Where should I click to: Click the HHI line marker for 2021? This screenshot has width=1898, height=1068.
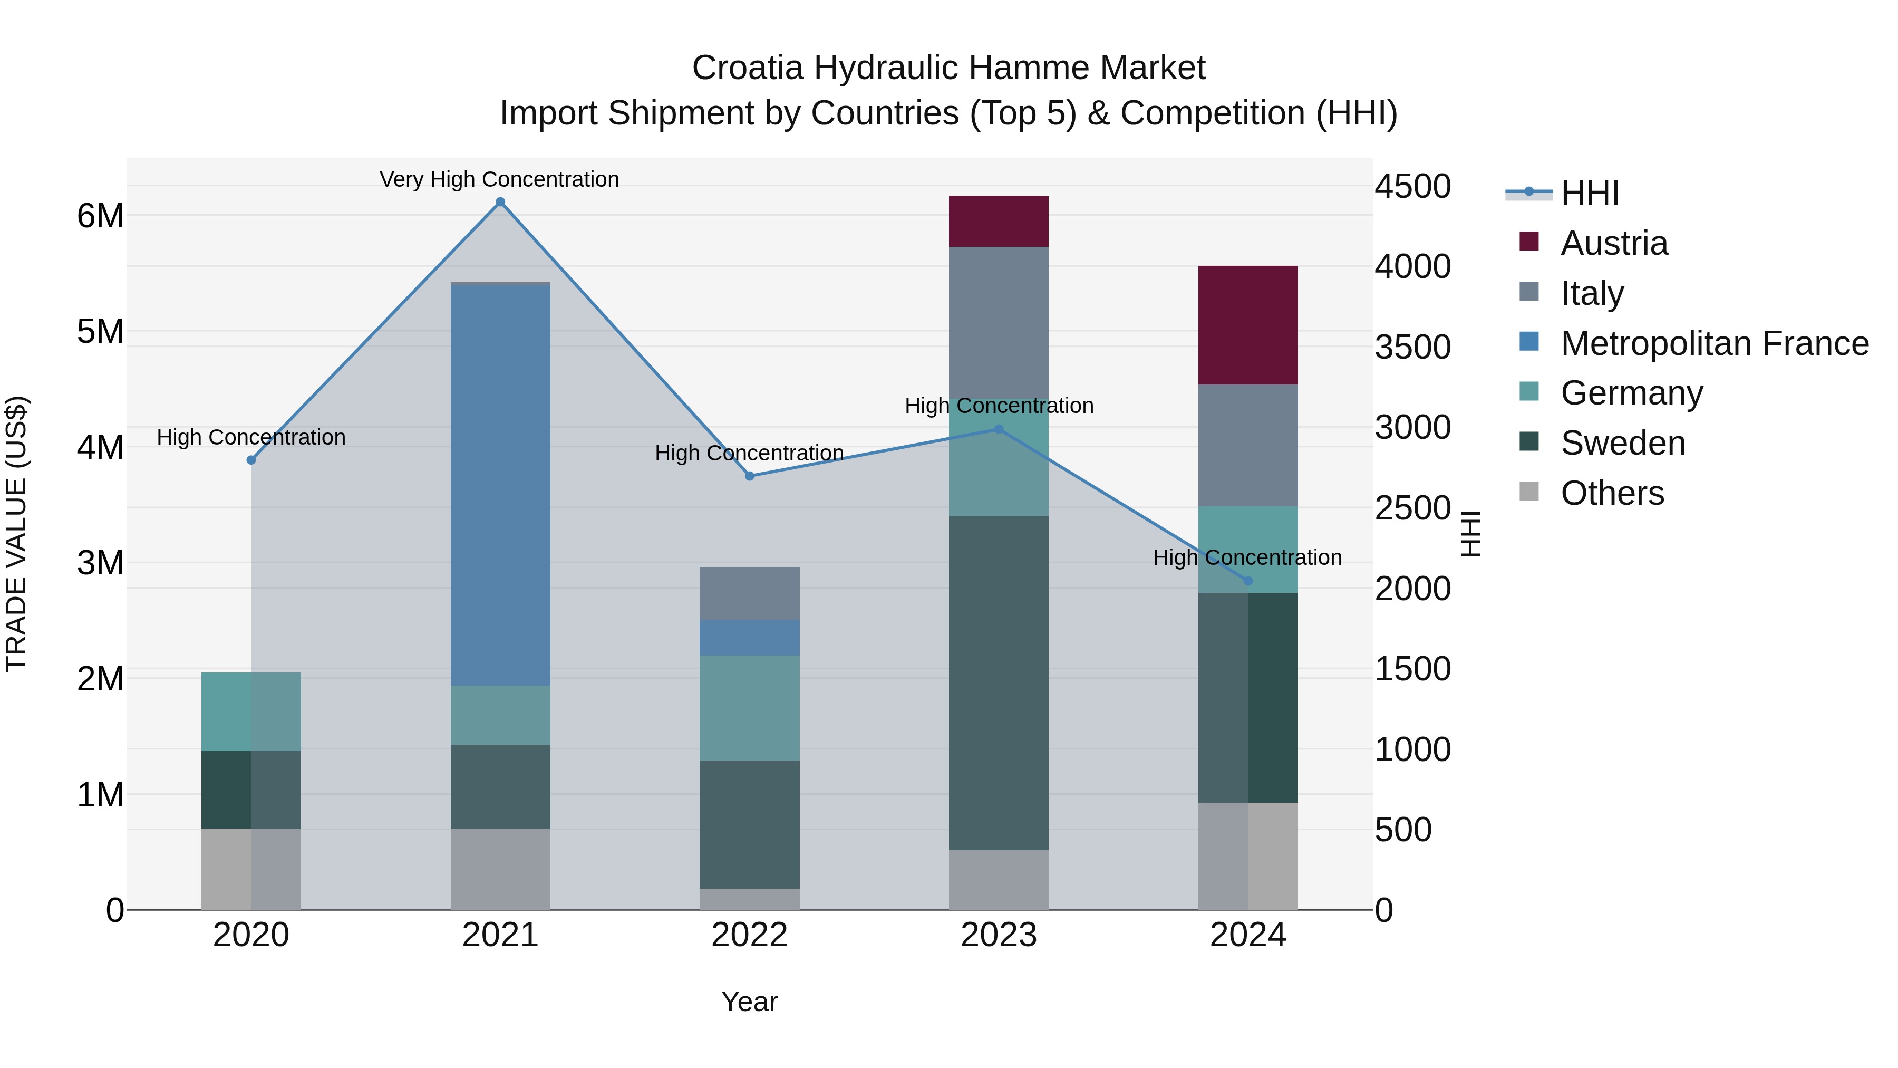500,202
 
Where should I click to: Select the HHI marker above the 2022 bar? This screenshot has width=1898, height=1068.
749,476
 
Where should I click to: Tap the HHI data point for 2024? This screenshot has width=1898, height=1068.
1247,581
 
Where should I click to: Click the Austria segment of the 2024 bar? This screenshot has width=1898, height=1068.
1247,324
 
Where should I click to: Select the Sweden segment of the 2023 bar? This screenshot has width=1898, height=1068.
999,682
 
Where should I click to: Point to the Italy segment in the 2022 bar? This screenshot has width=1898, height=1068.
749,593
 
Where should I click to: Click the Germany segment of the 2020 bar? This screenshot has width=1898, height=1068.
250,711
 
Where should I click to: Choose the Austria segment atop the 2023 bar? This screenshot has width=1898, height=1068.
999,221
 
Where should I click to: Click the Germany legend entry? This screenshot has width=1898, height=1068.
1631,393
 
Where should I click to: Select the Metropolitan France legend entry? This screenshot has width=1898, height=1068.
1714,343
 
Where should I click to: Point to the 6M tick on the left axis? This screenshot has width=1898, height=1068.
101,216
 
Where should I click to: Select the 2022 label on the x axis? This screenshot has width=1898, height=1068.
749,935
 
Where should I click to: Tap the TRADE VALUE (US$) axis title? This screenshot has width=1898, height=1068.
16,534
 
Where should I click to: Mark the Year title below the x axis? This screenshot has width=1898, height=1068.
749,1002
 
